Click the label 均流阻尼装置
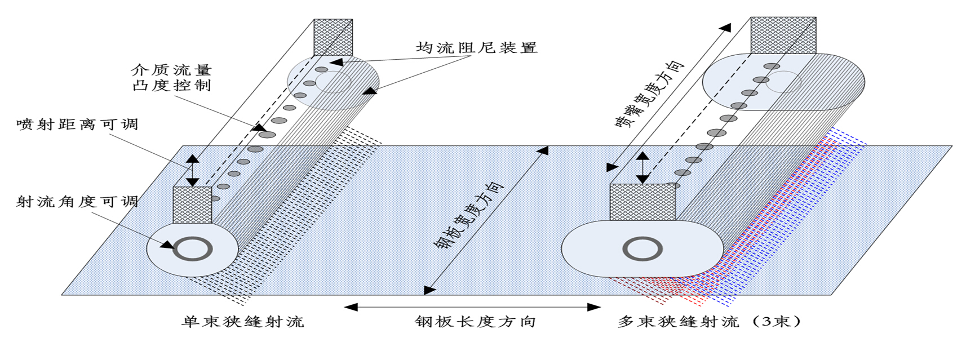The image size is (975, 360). tap(477, 48)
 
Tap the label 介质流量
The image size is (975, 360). tap(171, 70)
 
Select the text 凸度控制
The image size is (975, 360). tap(171, 86)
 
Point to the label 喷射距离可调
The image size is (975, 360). tap(77, 125)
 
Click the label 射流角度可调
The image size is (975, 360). tap(77, 201)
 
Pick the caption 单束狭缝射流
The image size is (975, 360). tap(243, 322)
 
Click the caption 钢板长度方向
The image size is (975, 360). tap(475, 322)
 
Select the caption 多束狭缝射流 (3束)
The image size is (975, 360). tap(710, 322)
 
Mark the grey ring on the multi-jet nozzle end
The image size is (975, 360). tap(642, 248)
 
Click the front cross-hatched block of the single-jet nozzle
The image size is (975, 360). tap(192, 205)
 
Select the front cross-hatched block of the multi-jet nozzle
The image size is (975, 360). tap(642, 202)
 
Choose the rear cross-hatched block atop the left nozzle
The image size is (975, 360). tap(333, 37)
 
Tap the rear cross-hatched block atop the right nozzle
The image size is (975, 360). tap(783, 35)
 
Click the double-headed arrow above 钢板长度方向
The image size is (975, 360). tap(472, 307)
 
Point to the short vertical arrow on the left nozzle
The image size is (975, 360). tap(193, 170)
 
